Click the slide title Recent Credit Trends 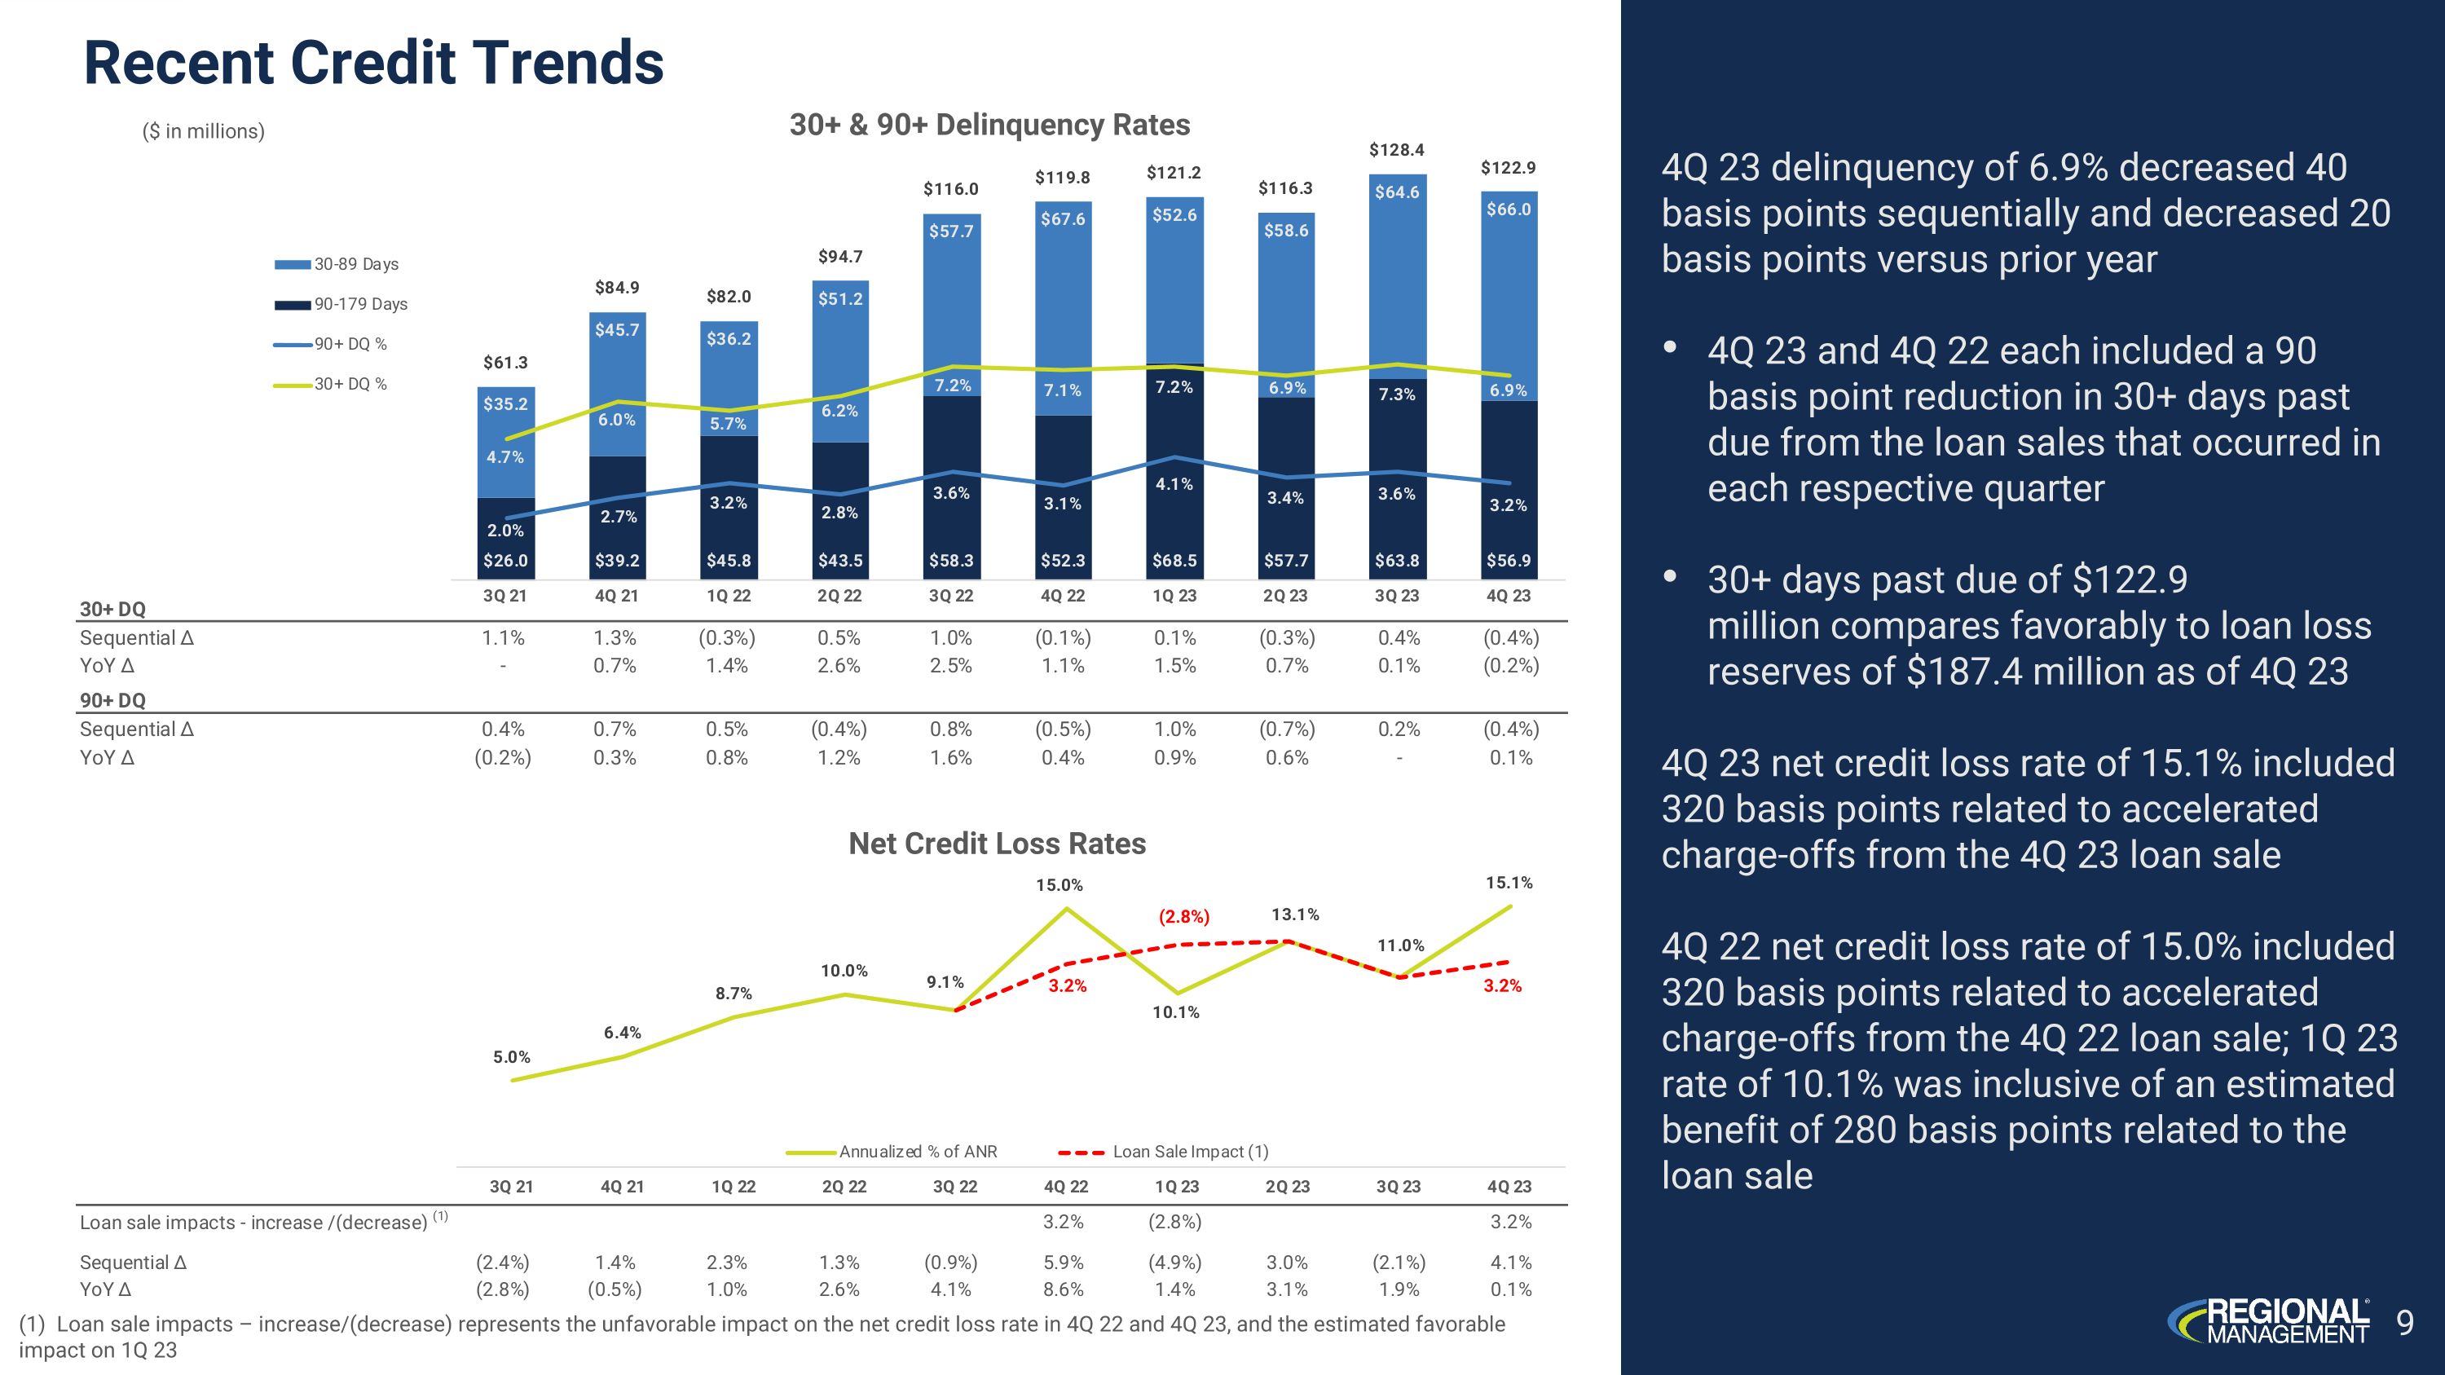pyautogui.click(x=374, y=64)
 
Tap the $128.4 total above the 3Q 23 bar pyautogui.click(x=1396, y=150)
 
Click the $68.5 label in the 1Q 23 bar pyautogui.click(x=1174, y=561)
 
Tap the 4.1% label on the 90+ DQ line pyautogui.click(x=1174, y=484)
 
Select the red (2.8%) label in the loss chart pyautogui.click(x=1184, y=917)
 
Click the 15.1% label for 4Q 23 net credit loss pyautogui.click(x=1509, y=883)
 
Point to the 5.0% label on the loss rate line pyautogui.click(x=512, y=1057)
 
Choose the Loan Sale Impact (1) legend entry pyautogui.click(x=1189, y=1152)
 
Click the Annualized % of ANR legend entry pyautogui.click(x=917, y=1152)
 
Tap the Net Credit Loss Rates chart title pyautogui.click(x=997, y=844)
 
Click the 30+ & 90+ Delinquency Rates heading pyautogui.click(x=990, y=126)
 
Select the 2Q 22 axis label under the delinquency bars pyautogui.click(x=840, y=596)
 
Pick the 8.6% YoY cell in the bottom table pyautogui.click(x=1063, y=1289)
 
